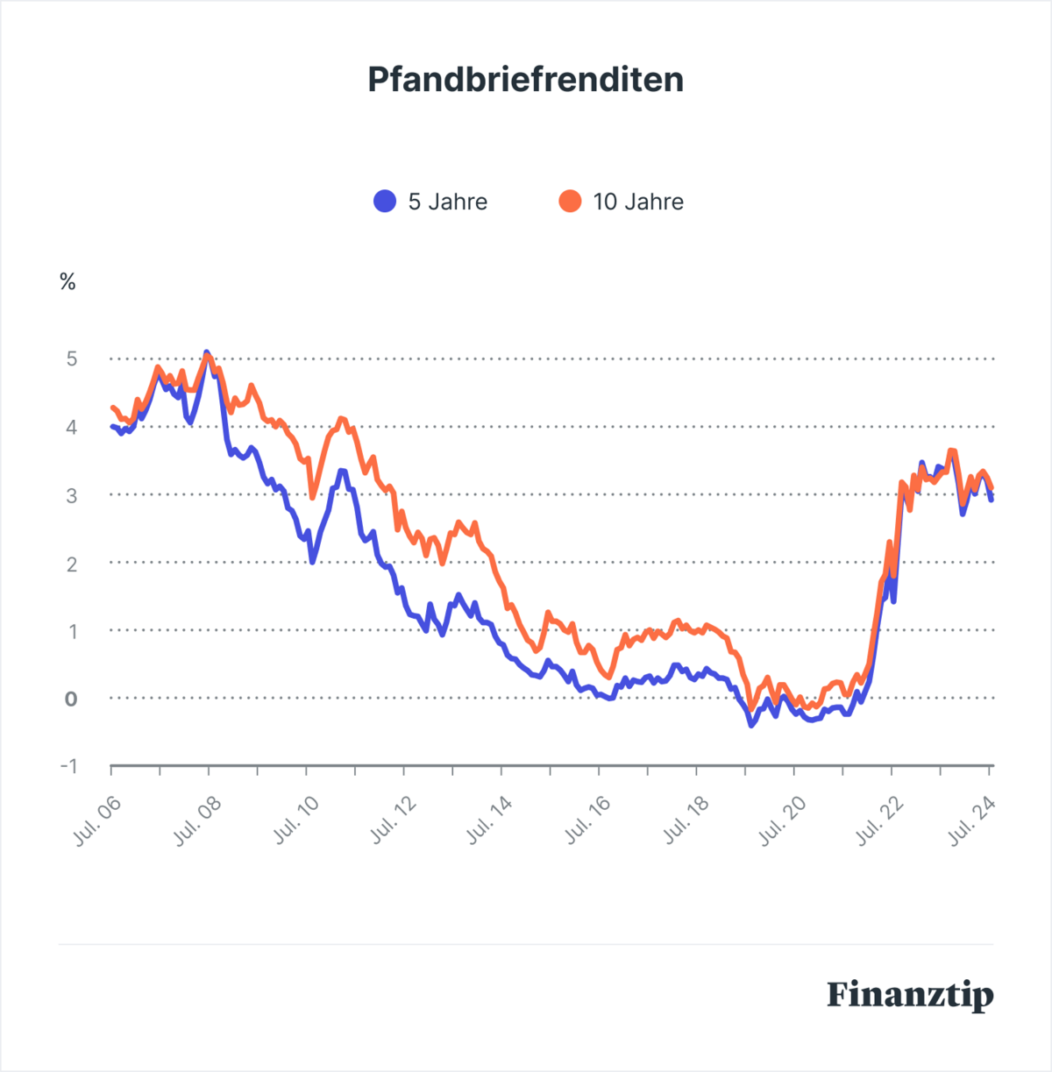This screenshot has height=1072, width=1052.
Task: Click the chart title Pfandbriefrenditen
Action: tap(525, 80)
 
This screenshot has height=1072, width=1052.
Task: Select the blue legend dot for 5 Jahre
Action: tap(385, 202)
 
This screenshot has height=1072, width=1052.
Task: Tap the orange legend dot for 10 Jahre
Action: tap(570, 202)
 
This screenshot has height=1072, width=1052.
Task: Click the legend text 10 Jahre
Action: tap(638, 202)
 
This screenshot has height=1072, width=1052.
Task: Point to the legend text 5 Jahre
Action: tap(447, 202)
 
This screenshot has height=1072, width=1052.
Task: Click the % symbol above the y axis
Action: tap(68, 282)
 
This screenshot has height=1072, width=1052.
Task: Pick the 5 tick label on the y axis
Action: tap(71, 359)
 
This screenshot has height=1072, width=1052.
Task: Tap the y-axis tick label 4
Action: tap(71, 428)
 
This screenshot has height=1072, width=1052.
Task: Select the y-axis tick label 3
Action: tap(71, 495)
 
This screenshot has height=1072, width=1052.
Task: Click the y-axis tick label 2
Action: tap(71, 564)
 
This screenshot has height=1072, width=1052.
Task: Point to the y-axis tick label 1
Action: tap(71, 631)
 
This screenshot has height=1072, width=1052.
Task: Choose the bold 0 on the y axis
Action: tap(71, 699)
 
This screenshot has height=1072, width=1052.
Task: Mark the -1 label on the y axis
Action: tap(68, 766)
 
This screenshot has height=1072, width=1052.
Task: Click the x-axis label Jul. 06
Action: tap(97, 821)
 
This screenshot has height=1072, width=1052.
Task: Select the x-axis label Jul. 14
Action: tap(490, 821)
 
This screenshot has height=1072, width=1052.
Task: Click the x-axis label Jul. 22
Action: tap(880, 821)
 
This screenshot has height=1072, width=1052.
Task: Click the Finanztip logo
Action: tap(910, 996)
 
